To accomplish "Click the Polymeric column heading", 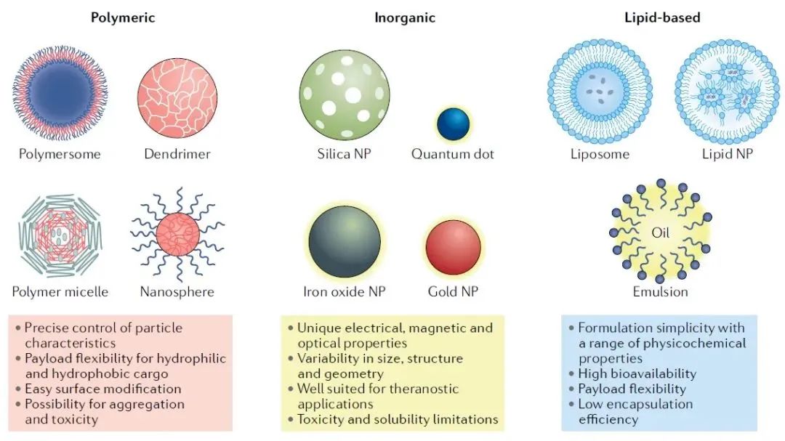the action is [x=123, y=18].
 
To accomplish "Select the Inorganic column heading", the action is [x=405, y=18].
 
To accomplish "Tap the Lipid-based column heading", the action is [x=662, y=17].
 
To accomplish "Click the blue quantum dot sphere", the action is [x=453, y=124].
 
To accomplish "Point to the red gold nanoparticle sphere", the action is [x=453, y=247].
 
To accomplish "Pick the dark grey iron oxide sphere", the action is [x=345, y=241].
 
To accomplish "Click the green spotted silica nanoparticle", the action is [x=345, y=94].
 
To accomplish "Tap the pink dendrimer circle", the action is [x=177, y=97].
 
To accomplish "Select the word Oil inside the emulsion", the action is [x=660, y=232].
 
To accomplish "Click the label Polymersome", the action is [x=60, y=154].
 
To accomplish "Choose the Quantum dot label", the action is [x=453, y=154].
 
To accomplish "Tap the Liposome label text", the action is [x=600, y=154].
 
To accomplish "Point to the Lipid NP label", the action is [x=728, y=154].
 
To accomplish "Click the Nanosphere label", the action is [x=177, y=292].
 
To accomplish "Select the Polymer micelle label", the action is [x=60, y=292].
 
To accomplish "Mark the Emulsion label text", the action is [x=660, y=292].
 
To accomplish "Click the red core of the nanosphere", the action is [x=178, y=235].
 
